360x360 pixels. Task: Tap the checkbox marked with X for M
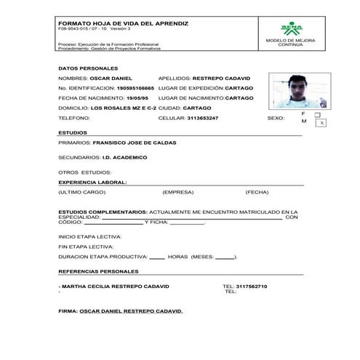(x=321, y=124)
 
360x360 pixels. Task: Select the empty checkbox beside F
(x=317, y=115)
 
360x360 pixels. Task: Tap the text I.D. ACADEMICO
(x=124, y=157)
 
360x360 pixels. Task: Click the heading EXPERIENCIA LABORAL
(x=92, y=182)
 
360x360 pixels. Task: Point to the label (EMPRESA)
(x=177, y=192)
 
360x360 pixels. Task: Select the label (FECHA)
(x=257, y=192)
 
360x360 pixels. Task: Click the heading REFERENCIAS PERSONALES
(x=97, y=271)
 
